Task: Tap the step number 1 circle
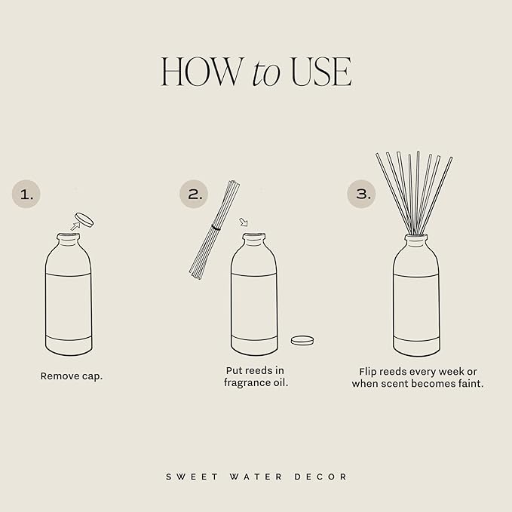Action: [x=27, y=195]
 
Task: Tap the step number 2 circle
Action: [x=194, y=195]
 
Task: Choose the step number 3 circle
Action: [x=361, y=195]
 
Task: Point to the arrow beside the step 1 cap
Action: [x=74, y=225]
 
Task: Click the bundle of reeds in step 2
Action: [x=213, y=226]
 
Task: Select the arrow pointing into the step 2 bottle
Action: [x=243, y=222]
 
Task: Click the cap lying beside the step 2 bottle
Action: [x=303, y=340]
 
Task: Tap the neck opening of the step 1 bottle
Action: [x=68, y=238]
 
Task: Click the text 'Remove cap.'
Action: [x=71, y=376]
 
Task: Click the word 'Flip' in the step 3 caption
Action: [x=369, y=371]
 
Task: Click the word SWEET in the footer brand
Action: [x=185, y=477]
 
